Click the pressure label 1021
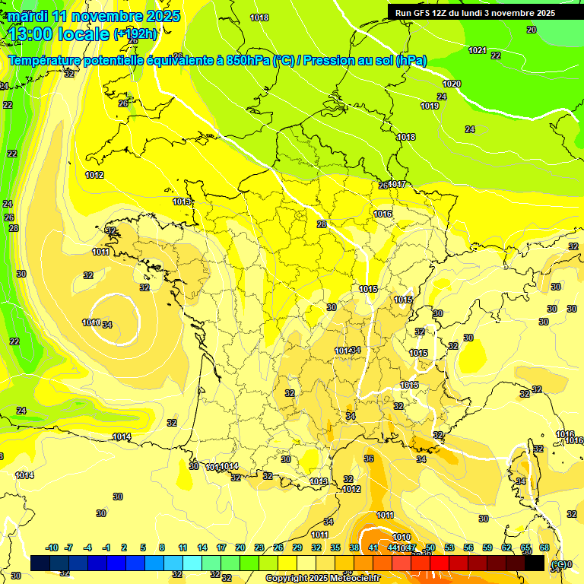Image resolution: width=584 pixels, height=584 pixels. coord(478,50)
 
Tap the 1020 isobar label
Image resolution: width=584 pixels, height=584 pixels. coord(452,84)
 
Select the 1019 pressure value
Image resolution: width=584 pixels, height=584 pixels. coord(430,106)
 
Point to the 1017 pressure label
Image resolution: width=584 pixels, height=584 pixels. coord(398,185)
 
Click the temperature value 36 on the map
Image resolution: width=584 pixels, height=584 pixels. coord(369,459)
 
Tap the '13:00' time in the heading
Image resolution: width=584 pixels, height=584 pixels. coord(34,34)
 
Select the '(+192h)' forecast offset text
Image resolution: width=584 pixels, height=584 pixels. coord(136,34)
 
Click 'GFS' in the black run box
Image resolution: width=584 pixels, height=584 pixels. coord(427,13)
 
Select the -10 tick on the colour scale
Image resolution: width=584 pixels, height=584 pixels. coord(52,547)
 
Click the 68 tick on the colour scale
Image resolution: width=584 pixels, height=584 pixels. coord(544,547)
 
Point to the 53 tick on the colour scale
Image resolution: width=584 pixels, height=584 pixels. coord(449,547)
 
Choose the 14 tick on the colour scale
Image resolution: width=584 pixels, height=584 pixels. coord(202,547)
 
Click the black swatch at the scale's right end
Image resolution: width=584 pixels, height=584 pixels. coord(535,563)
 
